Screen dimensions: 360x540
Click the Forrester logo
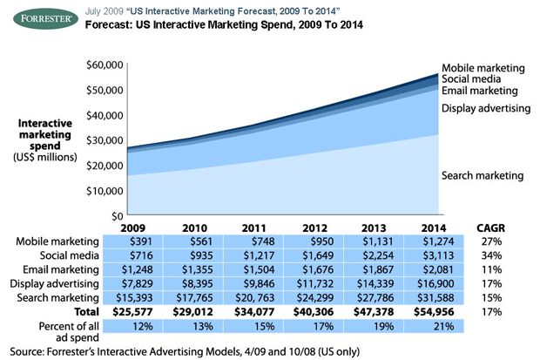40,17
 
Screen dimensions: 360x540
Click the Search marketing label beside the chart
483,175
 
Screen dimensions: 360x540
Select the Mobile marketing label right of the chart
483,67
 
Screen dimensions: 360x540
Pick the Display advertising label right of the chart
486,108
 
